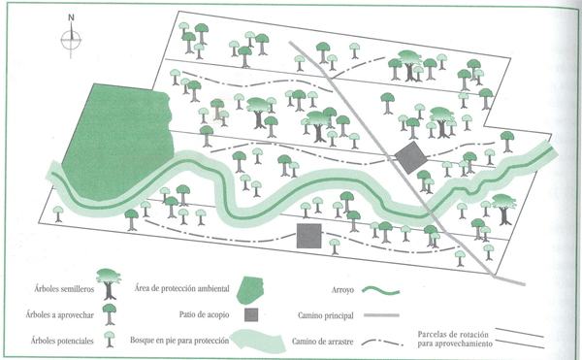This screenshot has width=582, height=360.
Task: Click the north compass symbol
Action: (x=71, y=39)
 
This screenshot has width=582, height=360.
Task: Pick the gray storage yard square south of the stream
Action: (x=308, y=236)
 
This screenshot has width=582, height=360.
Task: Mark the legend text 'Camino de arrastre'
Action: (x=321, y=342)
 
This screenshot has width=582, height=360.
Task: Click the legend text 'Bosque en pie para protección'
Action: (x=178, y=342)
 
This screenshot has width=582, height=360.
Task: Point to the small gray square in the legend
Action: (x=251, y=315)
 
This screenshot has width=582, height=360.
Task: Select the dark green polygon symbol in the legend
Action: (x=253, y=287)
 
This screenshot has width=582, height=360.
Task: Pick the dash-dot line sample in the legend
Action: (x=387, y=342)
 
